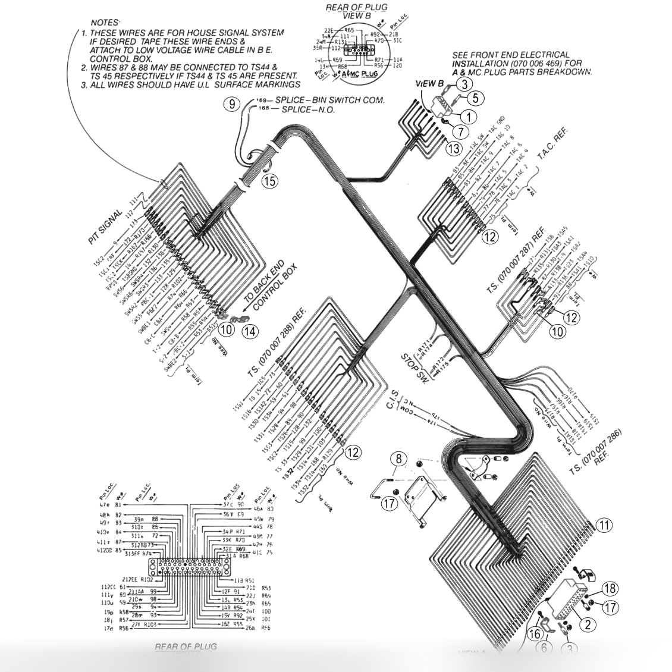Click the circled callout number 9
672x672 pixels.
coord(231,104)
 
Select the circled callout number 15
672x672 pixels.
coord(270,181)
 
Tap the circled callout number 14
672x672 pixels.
coord(250,331)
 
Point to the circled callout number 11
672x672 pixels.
coord(604,525)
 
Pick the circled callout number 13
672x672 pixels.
coord(454,148)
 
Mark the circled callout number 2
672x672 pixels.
coord(588,624)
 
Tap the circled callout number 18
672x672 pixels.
coord(608,589)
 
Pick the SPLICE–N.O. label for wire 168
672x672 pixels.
coord(307,110)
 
